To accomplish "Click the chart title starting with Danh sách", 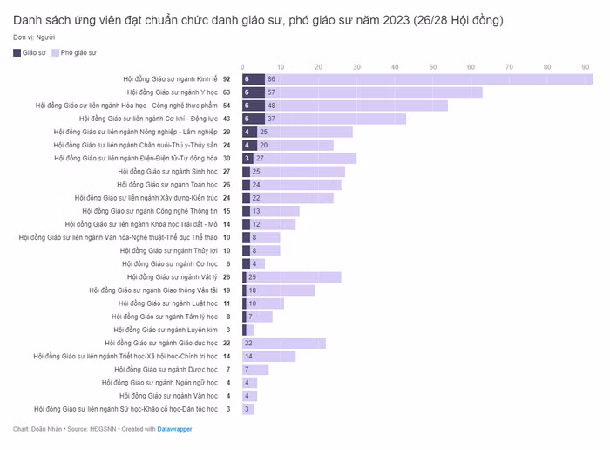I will click(x=258, y=19).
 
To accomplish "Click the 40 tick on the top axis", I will click(x=396, y=67).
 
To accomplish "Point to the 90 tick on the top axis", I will click(x=586, y=67).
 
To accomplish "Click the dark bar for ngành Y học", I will click(x=253, y=92).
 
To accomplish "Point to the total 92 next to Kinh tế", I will click(x=227, y=79).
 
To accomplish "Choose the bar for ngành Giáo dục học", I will click(x=284, y=343).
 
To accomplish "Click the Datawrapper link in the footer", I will click(x=174, y=429).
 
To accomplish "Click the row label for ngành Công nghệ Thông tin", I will click(x=150, y=211).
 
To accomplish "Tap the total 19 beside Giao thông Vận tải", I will click(x=227, y=290).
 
